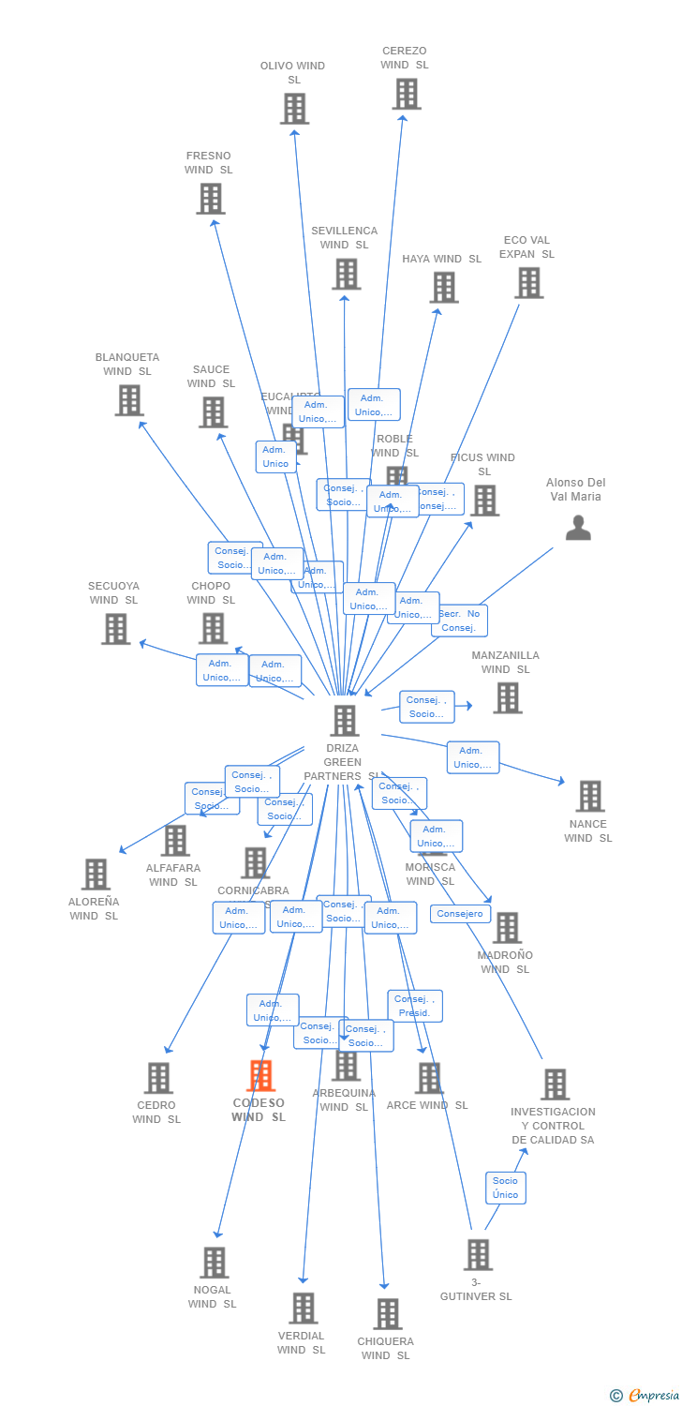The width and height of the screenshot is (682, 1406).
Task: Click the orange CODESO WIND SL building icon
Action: [x=260, y=1076]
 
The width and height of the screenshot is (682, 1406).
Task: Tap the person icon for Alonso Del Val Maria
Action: [x=578, y=529]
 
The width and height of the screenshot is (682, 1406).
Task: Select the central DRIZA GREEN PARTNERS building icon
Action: [x=345, y=721]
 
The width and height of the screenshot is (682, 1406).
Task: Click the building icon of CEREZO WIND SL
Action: [x=406, y=94]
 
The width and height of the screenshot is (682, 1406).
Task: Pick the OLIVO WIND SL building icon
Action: [x=294, y=109]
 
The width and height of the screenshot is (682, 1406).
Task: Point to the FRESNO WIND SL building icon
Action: [x=210, y=199]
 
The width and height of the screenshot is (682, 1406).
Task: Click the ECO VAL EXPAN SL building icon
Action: [x=528, y=283]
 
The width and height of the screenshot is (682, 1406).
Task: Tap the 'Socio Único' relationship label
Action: [x=505, y=1188]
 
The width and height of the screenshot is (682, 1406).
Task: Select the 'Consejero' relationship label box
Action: [x=460, y=914]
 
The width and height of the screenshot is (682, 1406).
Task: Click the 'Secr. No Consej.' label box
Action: [x=459, y=621]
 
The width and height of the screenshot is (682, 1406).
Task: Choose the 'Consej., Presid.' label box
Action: [x=414, y=1006]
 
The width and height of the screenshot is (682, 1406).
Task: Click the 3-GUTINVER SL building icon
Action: [x=478, y=1254]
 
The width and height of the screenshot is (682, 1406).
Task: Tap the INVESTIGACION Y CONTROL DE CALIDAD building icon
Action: [x=555, y=1084]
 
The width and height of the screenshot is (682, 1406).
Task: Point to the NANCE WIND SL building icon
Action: [x=589, y=796]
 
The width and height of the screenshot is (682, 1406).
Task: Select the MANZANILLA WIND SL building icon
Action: [x=507, y=697]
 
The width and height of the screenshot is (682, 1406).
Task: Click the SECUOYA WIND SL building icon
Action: [x=115, y=629]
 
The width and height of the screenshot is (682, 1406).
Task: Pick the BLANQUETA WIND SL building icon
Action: [x=128, y=400]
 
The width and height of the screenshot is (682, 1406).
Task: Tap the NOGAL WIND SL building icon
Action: [x=214, y=1263]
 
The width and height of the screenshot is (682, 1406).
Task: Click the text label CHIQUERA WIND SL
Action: [x=385, y=1348]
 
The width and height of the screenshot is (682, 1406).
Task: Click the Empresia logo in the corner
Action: [x=645, y=1395]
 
